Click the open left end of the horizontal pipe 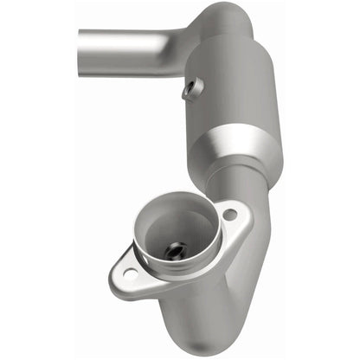(x=80, y=51)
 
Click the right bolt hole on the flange (x=229, y=214)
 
